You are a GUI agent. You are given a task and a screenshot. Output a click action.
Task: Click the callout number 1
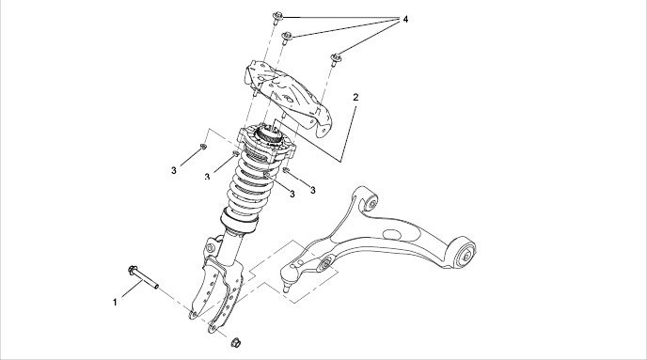click(115, 303)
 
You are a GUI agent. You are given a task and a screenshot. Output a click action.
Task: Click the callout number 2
click(355, 98)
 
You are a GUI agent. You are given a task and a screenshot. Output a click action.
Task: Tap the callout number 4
click(405, 19)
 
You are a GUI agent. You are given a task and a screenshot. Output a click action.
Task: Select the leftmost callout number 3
click(174, 170)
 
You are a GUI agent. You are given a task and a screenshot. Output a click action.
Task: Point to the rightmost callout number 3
click(313, 190)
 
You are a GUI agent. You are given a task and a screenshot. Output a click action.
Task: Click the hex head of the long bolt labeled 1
click(134, 271)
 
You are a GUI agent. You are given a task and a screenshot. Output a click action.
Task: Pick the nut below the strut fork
click(236, 342)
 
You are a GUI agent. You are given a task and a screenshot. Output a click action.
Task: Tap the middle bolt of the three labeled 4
click(287, 38)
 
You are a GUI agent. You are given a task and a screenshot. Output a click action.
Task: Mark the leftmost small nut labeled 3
click(203, 147)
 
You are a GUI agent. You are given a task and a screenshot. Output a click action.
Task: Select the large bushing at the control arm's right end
click(465, 254)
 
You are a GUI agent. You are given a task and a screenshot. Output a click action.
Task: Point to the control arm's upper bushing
click(371, 202)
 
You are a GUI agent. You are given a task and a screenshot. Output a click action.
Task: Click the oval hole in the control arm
click(391, 235)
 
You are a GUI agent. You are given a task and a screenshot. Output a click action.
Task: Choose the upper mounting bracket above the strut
click(289, 97)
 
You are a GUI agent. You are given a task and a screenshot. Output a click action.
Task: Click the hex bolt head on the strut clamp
click(211, 248)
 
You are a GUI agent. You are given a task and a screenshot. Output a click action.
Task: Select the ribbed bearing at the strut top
click(268, 134)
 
